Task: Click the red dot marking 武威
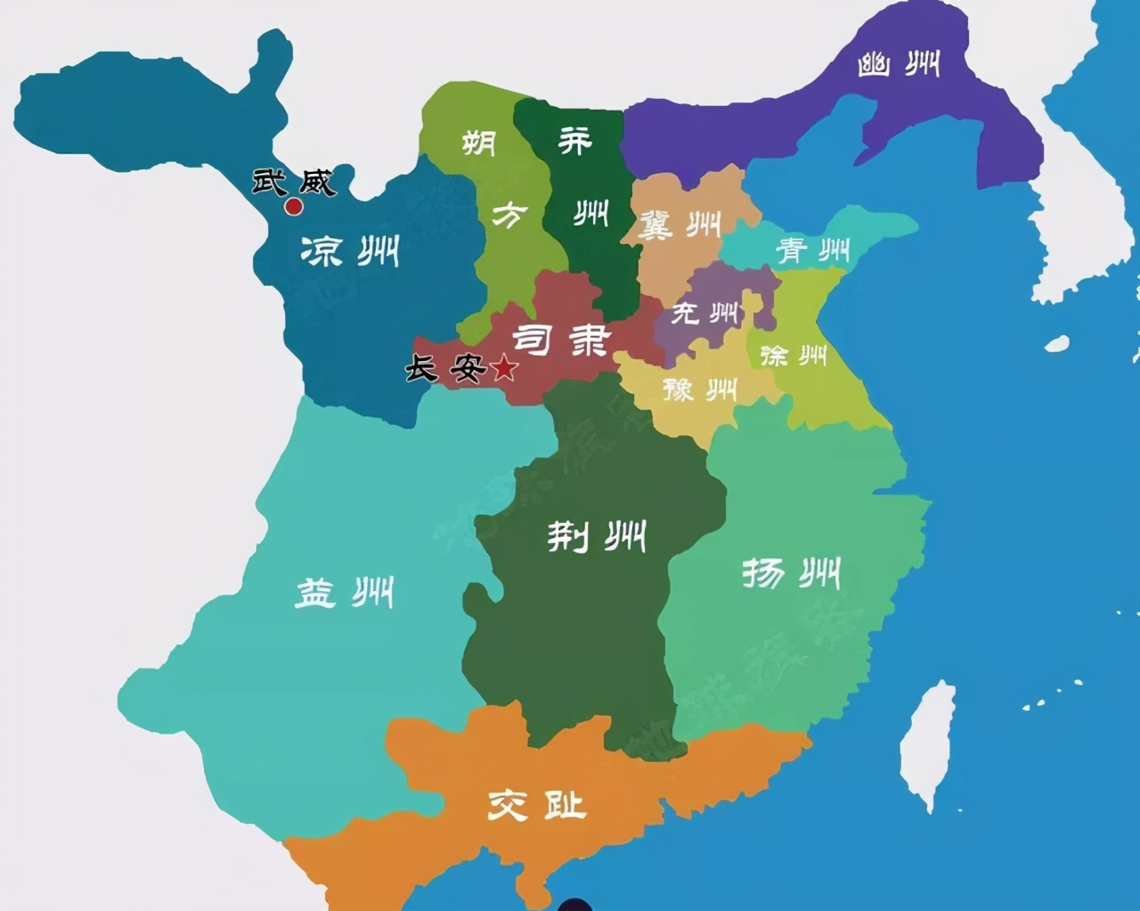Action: [x=293, y=208]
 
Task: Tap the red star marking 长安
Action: [x=504, y=367]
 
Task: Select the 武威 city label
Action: [x=293, y=182]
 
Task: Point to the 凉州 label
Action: [x=350, y=251]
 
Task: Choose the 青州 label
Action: [x=812, y=250]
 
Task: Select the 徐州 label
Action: [x=794, y=356]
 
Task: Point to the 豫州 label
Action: [x=700, y=389]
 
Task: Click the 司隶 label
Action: [x=562, y=340]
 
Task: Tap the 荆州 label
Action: [x=596, y=536]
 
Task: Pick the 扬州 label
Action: [x=791, y=573]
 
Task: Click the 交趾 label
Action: [x=536, y=805]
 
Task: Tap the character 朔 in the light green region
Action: [x=479, y=143]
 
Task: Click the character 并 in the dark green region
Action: [x=574, y=140]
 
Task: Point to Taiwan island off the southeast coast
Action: [x=928, y=744]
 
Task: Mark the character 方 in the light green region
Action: [x=509, y=215]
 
